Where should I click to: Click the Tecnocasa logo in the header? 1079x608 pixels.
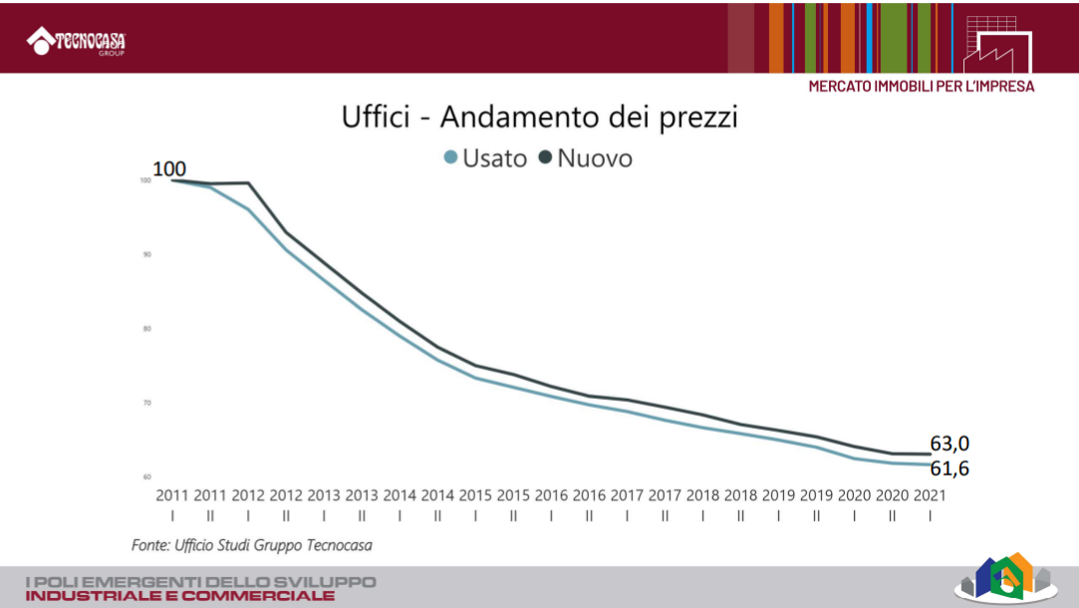pyautogui.click(x=83, y=41)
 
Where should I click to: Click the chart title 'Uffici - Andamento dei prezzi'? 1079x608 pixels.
pyautogui.click(x=540, y=117)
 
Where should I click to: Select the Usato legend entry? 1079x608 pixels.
pyautogui.click(x=485, y=157)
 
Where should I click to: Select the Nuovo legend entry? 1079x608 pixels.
pyautogui.click(x=586, y=157)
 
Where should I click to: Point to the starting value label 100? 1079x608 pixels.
pyautogui.click(x=169, y=168)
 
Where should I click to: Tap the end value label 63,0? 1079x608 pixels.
pyautogui.click(x=949, y=444)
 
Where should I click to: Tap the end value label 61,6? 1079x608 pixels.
pyautogui.click(x=949, y=468)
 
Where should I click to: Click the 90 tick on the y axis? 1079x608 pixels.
pyautogui.click(x=145, y=255)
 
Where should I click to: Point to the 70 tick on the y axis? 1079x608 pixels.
pyautogui.click(x=145, y=403)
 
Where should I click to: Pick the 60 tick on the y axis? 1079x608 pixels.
pyautogui.click(x=145, y=476)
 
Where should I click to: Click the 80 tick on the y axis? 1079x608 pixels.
pyautogui.click(x=145, y=329)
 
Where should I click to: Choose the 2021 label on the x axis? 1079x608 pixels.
pyautogui.click(x=930, y=494)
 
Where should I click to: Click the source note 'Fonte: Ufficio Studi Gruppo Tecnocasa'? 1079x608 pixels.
pyautogui.click(x=252, y=545)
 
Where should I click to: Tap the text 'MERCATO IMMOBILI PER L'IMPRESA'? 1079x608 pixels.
pyautogui.click(x=921, y=87)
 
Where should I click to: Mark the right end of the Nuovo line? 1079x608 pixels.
pyautogui.click(x=930, y=455)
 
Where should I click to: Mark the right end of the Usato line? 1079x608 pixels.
pyautogui.click(x=930, y=464)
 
